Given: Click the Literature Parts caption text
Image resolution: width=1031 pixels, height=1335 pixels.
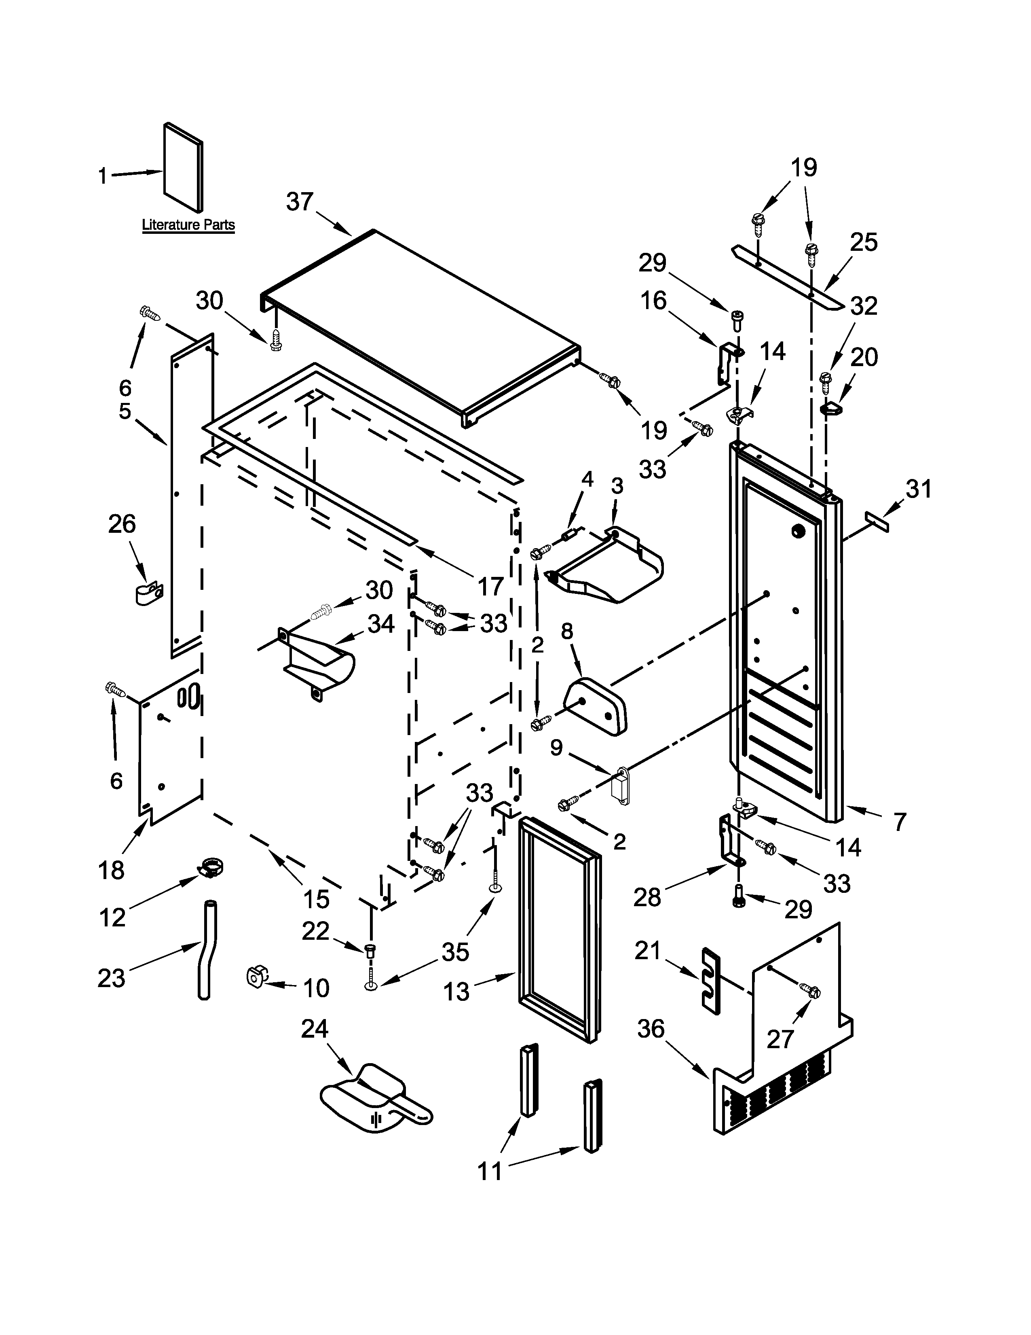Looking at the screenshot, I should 188,225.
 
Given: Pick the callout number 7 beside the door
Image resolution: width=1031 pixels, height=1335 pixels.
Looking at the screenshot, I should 899,822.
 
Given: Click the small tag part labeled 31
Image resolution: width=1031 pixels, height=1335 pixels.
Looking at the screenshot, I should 877,523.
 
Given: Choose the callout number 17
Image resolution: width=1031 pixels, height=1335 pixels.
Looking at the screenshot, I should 490,587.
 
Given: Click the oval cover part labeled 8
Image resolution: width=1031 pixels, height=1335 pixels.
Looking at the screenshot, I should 597,706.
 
